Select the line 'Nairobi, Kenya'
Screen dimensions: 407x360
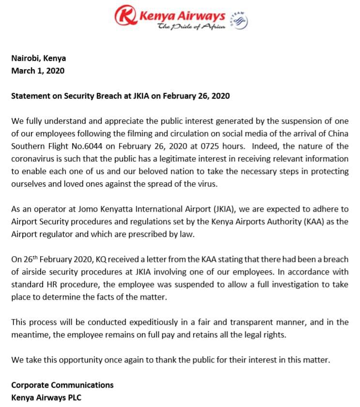[39, 58]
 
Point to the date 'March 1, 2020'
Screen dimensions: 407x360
[38, 71]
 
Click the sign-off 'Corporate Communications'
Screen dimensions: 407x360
[62, 385]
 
